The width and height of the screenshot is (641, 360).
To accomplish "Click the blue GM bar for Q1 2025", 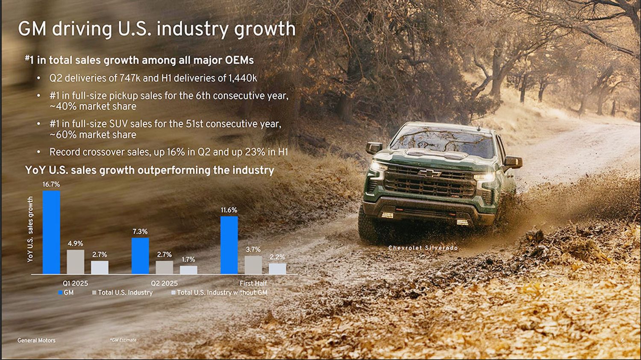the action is click(x=52, y=232).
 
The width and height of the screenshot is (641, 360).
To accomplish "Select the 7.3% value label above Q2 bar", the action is click(x=140, y=231).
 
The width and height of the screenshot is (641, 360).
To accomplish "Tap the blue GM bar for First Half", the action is click(x=229, y=245).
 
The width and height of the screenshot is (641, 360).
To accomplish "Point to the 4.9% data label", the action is click(x=76, y=243).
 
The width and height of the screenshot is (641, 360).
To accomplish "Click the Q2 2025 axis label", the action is click(x=164, y=284).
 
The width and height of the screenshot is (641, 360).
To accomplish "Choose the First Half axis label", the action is click(x=253, y=284).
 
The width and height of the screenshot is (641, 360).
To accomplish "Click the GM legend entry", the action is click(x=66, y=293).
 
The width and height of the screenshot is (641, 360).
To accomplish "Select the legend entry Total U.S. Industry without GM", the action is click(x=219, y=293).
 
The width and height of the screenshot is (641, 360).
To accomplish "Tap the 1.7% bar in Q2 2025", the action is click(x=188, y=270).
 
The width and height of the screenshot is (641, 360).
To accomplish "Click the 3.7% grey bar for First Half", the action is click(x=253, y=265).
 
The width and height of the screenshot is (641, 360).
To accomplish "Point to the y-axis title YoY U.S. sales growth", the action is click(x=30, y=229).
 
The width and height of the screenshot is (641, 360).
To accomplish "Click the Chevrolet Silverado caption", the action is click(x=423, y=248).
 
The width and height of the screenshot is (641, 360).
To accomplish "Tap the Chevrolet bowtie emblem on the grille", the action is click(x=429, y=173).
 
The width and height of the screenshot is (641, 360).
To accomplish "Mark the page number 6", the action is click(x=623, y=340).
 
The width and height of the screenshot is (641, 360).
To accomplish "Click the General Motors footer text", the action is click(x=36, y=340).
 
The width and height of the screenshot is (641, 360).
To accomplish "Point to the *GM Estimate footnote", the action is click(x=123, y=340).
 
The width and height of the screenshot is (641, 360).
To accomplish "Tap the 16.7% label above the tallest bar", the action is click(x=51, y=184).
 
